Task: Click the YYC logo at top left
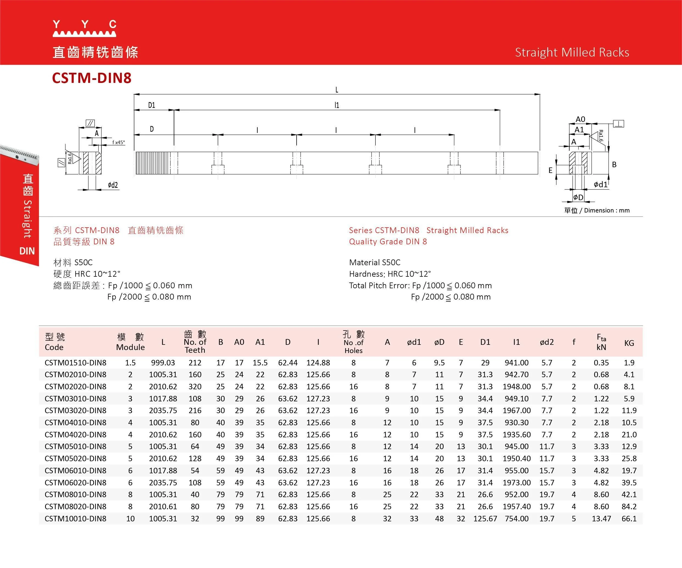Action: click(x=84, y=28)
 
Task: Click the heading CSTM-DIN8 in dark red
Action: click(x=92, y=78)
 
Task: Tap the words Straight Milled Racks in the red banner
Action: click(x=572, y=52)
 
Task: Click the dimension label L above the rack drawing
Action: click(x=337, y=90)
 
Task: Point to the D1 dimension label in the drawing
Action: click(x=152, y=105)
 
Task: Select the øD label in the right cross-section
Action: click(x=578, y=197)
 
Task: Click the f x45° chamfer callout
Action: click(x=118, y=142)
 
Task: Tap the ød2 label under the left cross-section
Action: click(x=113, y=185)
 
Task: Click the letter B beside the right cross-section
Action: click(x=614, y=164)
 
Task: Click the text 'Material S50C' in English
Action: click(x=374, y=262)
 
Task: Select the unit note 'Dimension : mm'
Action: click(x=606, y=210)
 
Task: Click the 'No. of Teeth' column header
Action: click(x=195, y=342)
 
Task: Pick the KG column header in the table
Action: click(x=629, y=343)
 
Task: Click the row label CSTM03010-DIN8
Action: click(x=75, y=398)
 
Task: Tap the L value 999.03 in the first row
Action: click(x=163, y=363)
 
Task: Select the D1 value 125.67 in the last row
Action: click(x=485, y=518)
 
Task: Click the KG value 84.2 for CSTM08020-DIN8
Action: click(x=629, y=506)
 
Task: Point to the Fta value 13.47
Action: click(x=601, y=518)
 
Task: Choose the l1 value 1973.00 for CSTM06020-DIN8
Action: click(x=516, y=482)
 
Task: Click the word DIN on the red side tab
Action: click(x=27, y=251)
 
